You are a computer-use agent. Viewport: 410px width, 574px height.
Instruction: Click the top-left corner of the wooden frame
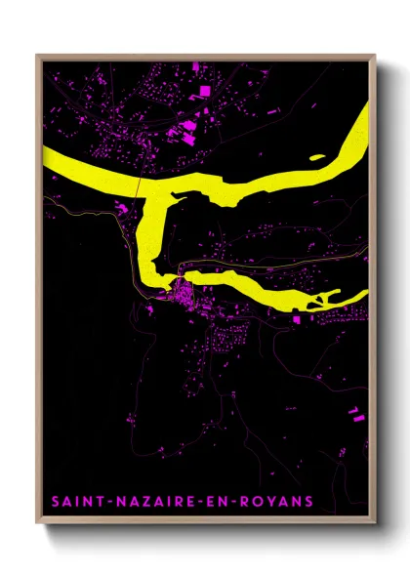(38, 56)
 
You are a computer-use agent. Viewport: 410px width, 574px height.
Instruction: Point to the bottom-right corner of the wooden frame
(376, 524)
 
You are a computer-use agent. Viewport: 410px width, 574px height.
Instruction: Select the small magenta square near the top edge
(194, 66)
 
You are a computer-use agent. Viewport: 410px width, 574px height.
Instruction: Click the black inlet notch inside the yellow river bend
(176, 200)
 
